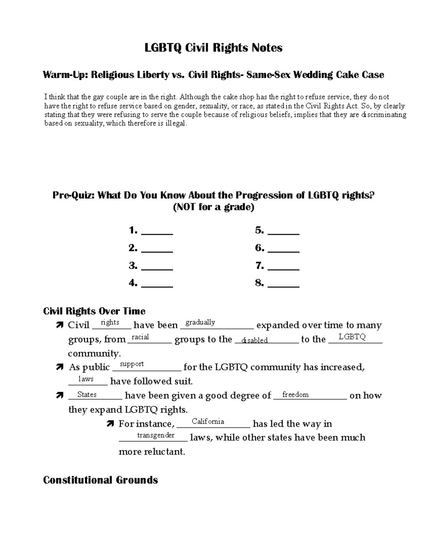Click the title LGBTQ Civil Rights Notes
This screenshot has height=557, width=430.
click(x=213, y=48)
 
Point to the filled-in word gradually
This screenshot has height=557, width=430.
click(x=200, y=322)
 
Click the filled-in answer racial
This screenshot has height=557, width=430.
click(x=140, y=337)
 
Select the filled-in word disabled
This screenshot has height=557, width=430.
click(x=254, y=340)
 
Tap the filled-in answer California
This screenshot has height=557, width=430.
click(x=208, y=421)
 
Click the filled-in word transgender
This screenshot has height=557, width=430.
click(x=156, y=435)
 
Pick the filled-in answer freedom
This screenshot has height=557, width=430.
click(x=295, y=395)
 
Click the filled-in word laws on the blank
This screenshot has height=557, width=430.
click(x=86, y=379)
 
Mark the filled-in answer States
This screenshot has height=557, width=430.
click(x=87, y=395)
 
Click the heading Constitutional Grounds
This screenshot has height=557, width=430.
click(x=100, y=480)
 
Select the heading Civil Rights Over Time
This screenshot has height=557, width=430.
click(x=94, y=311)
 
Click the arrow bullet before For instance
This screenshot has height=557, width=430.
click(x=110, y=424)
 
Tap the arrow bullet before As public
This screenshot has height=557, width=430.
click(x=59, y=368)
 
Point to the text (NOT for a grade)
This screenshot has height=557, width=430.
click(x=213, y=207)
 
